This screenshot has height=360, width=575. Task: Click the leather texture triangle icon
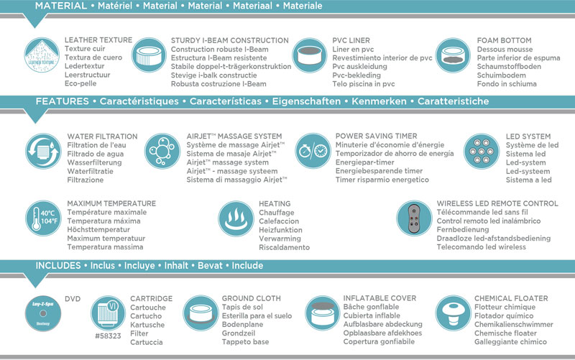pos(42,55)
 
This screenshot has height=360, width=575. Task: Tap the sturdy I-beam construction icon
pos(149,55)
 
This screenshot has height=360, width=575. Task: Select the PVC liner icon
pos(310,55)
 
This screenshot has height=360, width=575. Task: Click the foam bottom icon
pos(453,55)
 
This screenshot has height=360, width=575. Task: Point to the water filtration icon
pos(43,151)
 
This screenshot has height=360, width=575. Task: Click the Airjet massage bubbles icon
pos(162,151)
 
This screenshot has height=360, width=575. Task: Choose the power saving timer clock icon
pos(313,151)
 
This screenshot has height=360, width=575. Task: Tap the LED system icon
pos(482,151)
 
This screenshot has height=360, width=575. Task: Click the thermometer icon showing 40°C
pos(43,218)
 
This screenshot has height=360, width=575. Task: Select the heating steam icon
pos(236,218)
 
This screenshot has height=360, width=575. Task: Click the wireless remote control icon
pos(414,218)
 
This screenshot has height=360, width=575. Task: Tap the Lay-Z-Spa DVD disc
pos(43,313)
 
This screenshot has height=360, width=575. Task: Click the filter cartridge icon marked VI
pos(108,313)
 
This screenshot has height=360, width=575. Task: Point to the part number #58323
pos(108,336)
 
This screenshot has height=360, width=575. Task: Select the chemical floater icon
pos(454,313)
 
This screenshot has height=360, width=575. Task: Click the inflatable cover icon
pos(323,313)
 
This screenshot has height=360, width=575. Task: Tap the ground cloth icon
pos(201,313)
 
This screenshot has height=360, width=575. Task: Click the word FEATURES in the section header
pos(62,101)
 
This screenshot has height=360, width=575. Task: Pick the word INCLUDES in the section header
pos(58,265)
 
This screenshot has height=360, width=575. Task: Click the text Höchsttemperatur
pos(98,229)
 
